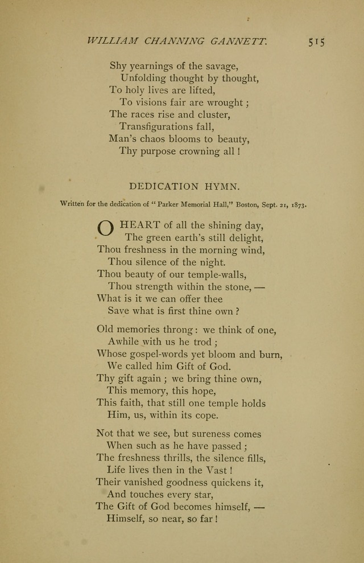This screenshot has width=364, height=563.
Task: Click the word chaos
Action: [x=159, y=138]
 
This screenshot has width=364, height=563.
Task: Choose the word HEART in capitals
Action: [x=140, y=225]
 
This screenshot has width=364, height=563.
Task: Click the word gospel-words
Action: [x=156, y=354]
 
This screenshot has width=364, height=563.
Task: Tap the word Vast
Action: [x=216, y=470]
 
